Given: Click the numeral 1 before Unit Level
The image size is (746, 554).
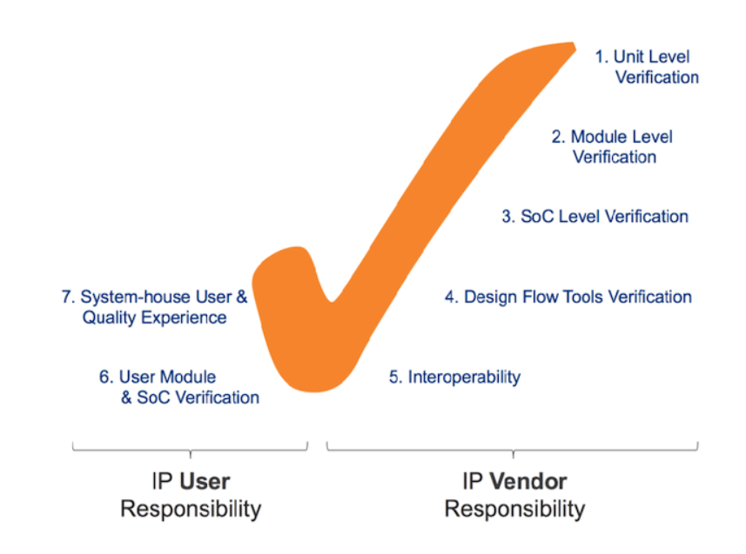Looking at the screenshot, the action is pyautogui.click(x=601, y=57).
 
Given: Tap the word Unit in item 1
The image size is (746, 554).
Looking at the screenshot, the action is pyautogui.click(x=628, y=57).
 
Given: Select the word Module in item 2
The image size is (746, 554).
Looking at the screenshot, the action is pyautogui.click(x=601, y=137).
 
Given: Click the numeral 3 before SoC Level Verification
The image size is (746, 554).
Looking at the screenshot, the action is pyautogui.click(x=507, y=217).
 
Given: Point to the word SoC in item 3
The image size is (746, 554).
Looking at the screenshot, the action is pyautogui.click(x=537, y=217).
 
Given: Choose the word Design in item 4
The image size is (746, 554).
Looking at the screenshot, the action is pyautogui.click(x=490, y=297).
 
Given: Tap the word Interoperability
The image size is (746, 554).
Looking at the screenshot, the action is pyautogui.click(x=464, y=377).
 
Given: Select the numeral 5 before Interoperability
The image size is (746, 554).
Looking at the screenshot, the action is pyautogui.click(x=394, y=377).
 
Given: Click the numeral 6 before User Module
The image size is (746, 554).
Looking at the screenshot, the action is pyautogui.click(x=104, y=377).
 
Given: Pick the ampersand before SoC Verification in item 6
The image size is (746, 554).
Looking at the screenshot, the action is pyautogui.click(x=126, y=397).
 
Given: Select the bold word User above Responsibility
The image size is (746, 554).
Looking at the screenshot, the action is pyautogui.click(x=205, y=482).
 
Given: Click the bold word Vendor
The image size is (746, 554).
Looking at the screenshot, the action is pyautogui.click(x=528, y=482).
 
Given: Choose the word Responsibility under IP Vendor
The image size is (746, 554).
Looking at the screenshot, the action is pyautogui.click(x=514, y=510).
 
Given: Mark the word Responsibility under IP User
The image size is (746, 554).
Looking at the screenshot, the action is pyautogui.click(x=191, y=510).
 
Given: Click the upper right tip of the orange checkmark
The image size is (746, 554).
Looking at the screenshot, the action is pyautogui.click(x=575, y=43).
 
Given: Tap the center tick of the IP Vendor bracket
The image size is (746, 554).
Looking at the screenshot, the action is pyautogui.click(x=513, y=454).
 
